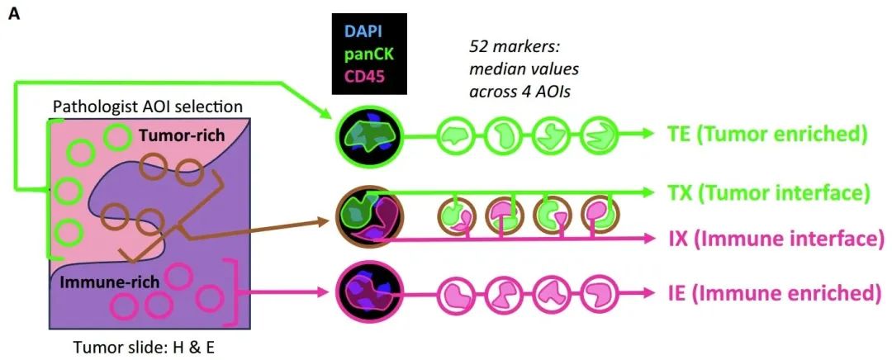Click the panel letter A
coord(14,15)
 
